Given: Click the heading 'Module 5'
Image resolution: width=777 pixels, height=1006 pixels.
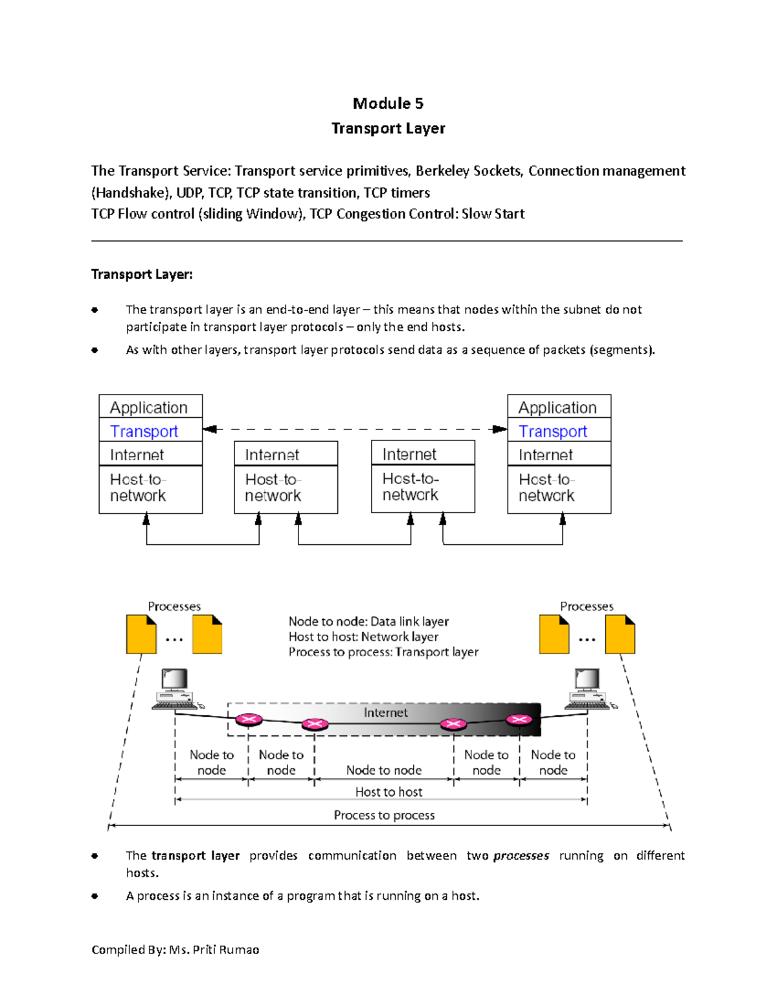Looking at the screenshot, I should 388,104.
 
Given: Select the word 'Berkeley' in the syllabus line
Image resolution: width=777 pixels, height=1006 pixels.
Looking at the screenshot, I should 442,171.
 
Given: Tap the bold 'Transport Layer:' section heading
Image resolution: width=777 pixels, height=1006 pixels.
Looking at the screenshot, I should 142,275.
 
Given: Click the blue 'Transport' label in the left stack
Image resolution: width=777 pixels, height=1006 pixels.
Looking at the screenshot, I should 144,431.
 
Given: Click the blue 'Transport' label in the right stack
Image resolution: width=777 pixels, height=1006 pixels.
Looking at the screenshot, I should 552,431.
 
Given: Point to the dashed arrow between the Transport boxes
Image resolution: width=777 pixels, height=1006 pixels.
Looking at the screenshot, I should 354,429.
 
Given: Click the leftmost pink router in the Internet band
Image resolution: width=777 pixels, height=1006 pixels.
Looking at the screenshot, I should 249,719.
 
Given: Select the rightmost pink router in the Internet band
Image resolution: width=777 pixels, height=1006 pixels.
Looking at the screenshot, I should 519,719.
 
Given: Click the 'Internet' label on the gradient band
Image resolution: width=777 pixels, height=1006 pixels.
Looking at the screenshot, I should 385,713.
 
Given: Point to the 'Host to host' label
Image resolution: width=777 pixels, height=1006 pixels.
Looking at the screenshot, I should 388,792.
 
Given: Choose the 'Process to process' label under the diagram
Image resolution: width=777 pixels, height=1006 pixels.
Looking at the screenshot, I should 384,815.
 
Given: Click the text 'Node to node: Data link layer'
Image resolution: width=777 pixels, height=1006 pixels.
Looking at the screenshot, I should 368,621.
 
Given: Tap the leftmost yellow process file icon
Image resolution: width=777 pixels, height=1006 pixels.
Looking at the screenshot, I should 141,634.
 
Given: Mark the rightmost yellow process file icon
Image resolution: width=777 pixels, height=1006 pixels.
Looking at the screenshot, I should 620,634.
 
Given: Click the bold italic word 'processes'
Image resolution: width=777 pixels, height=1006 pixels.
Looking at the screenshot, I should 521,856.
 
